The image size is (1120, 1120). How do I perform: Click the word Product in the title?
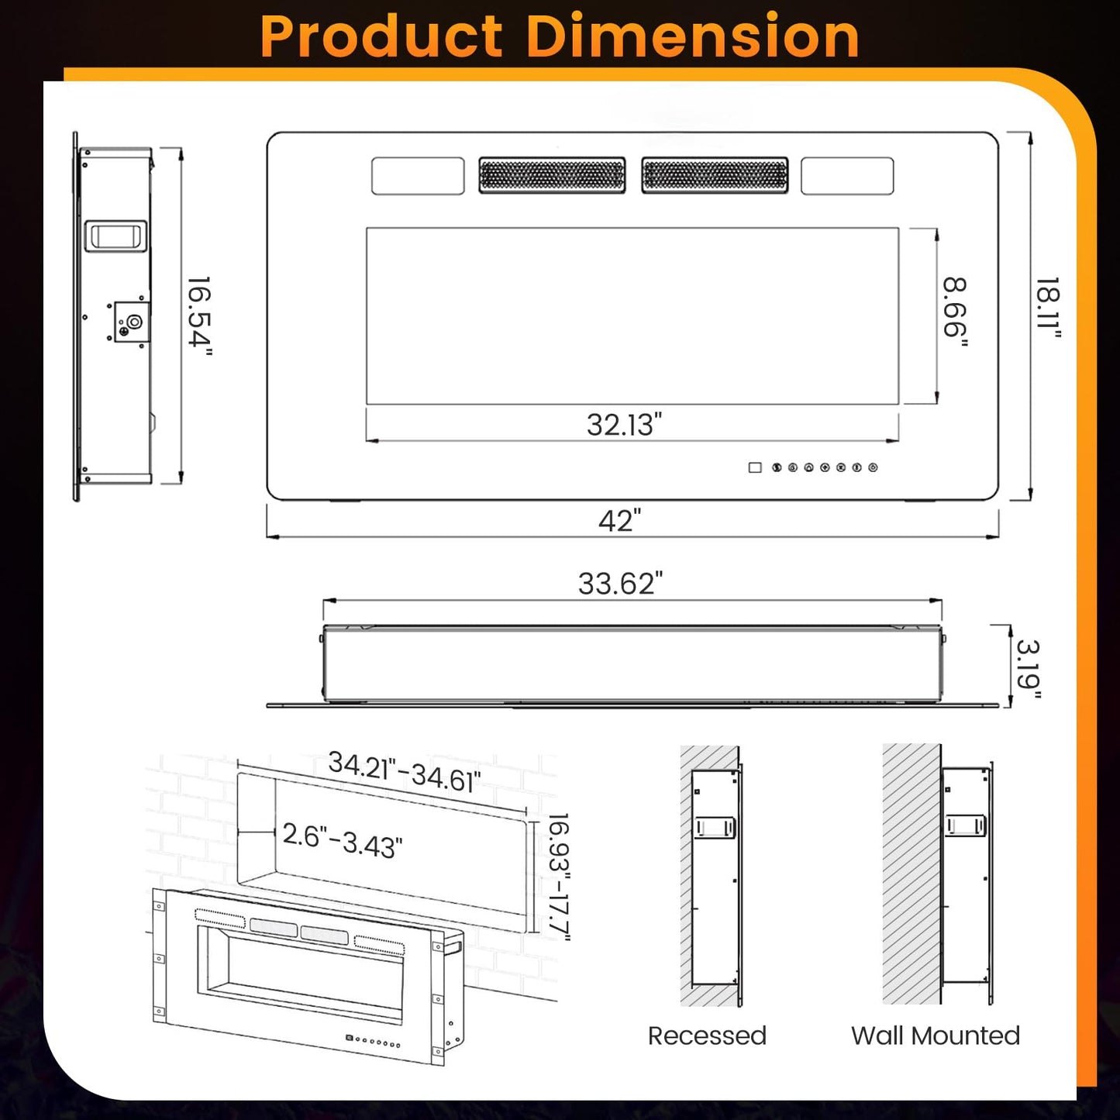(381, 36)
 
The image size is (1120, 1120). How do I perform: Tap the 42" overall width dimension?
(620, 521)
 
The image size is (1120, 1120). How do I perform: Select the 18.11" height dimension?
(1048, 308)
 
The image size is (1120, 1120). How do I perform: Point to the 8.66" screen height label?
(955, 312)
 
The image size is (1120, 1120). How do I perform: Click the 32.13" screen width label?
(624, 425)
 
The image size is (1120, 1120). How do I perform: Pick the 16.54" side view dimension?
(199, 315)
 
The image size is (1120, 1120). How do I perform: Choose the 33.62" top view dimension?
(620, 584)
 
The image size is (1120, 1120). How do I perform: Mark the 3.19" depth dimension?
(1029, 668)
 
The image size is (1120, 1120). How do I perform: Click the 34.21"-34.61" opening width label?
(404, 772)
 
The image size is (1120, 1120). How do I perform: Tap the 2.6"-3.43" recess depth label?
(342, 840)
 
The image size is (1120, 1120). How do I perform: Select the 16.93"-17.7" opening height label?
(558, 877)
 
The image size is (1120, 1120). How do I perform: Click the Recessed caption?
(707, 1036)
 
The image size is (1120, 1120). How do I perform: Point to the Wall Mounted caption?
(935, 1036)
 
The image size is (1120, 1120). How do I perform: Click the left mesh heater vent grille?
(552, 175)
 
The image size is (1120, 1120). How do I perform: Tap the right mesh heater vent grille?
(715, 175)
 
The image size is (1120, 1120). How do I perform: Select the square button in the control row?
(754, 467)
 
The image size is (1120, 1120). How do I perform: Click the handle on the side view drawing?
(115, 236)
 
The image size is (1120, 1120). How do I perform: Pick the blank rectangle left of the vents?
(418, 176)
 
